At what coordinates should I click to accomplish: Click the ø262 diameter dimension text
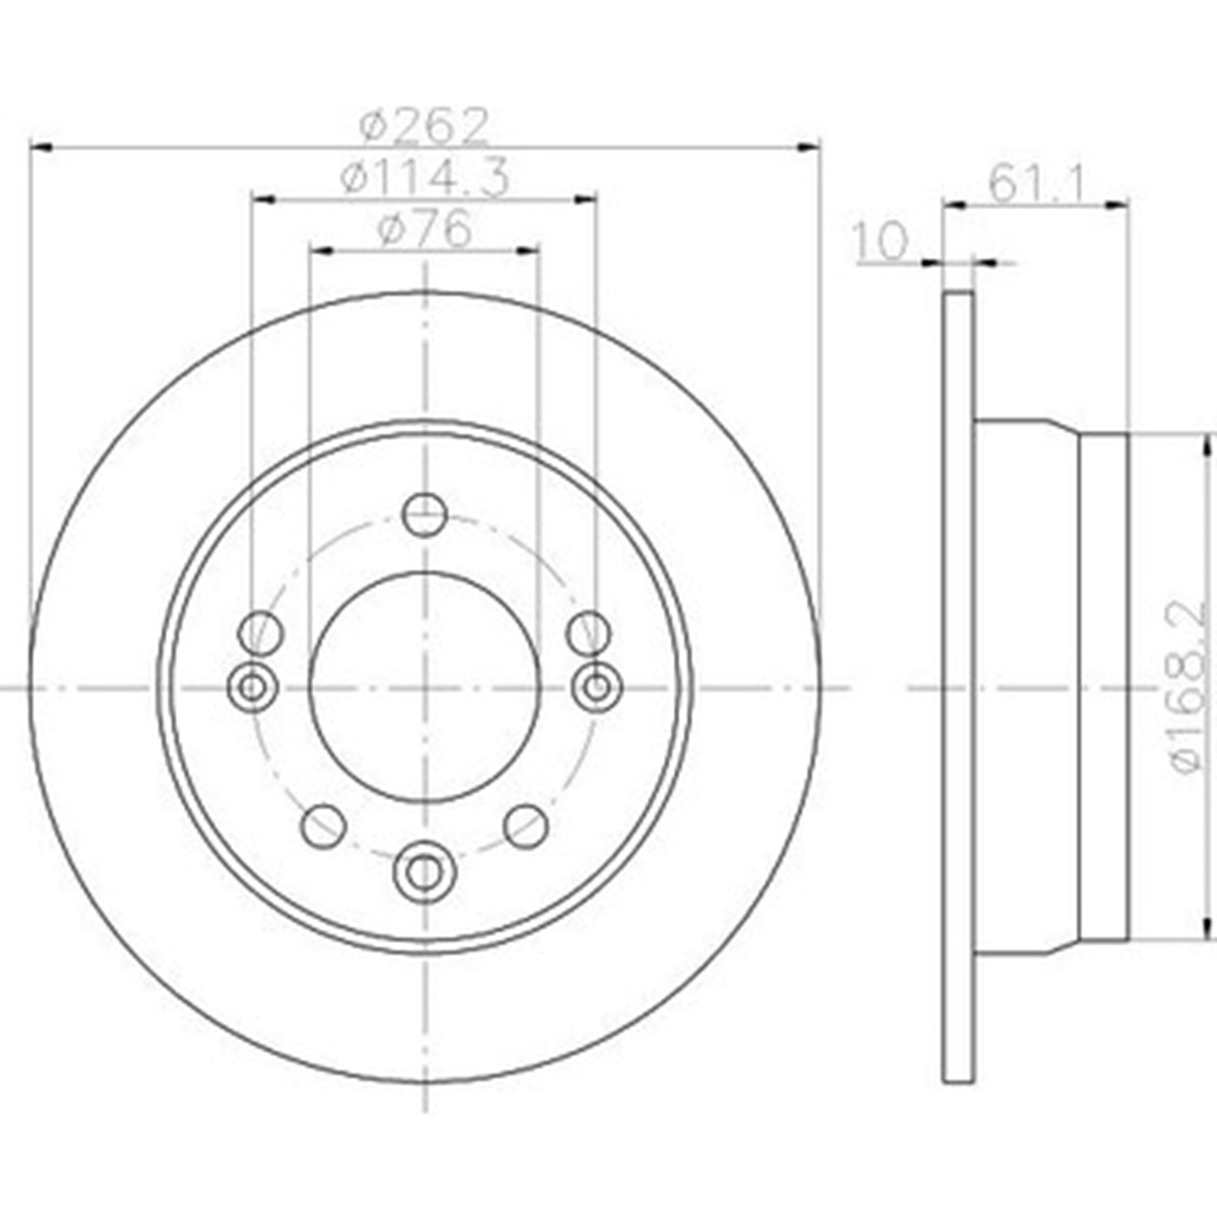[x=425, y=125]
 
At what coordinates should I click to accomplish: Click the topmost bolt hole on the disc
[x=424, y=513]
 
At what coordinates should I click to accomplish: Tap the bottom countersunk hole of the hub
[x=424, y=871]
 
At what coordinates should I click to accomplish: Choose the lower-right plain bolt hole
[x=526, y=825]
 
